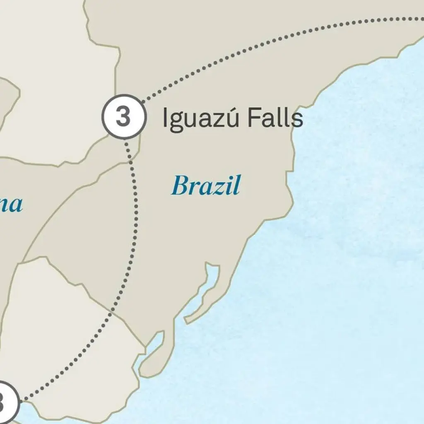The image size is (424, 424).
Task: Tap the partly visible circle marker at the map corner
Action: click(x=6, y=402)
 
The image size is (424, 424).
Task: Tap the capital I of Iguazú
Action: click(x=164, y=118)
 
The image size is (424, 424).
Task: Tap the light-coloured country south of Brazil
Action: click(x=75, y=331)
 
